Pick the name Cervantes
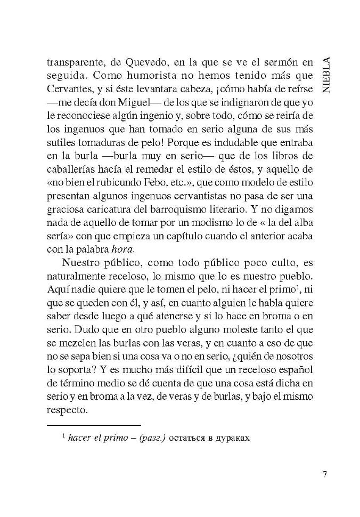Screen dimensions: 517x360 69,89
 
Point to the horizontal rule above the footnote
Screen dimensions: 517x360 94,425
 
